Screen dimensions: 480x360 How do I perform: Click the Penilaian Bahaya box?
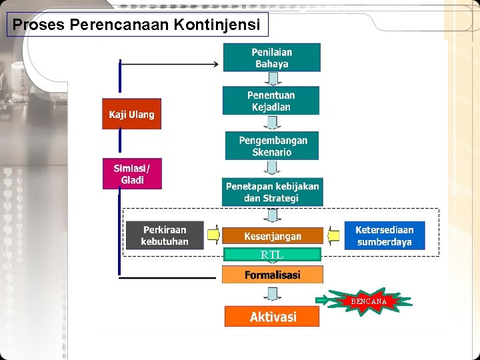pos(271,57)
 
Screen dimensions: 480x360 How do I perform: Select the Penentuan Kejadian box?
pos(271,101)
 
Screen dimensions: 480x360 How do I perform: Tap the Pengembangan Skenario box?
pos(271,146)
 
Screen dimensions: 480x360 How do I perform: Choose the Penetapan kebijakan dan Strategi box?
pos(272,192)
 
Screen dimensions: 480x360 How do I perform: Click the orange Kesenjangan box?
pos(272,236)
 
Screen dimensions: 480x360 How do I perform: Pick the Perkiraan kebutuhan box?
pos(165,235)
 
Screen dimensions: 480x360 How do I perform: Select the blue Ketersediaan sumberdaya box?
pos(384,235)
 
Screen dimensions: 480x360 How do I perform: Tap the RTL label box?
pos(272,255)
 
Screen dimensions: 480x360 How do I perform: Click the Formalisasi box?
pos(272,275)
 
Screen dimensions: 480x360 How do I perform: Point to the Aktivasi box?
pos(272,316)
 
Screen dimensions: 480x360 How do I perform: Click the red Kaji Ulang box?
pos(131,114)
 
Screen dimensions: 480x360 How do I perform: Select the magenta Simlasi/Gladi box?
pos(131,173)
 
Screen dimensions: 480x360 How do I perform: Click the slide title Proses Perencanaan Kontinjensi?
pos(137,25)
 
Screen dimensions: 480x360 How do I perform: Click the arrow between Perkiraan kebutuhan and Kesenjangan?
pos(213,235)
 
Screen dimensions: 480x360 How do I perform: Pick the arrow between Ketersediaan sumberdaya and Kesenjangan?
pos(333,235)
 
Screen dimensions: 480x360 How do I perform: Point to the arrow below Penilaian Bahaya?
pos(271,79)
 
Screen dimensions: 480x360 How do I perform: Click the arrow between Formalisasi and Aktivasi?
pos(272,294)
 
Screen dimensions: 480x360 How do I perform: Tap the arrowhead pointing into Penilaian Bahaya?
pos(216,64)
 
